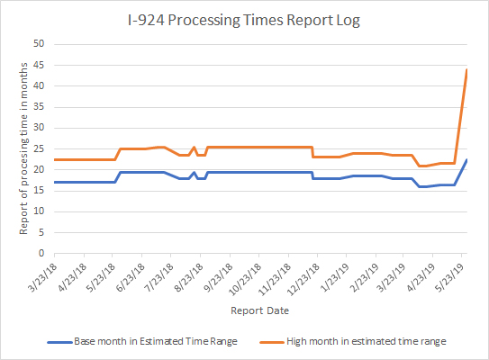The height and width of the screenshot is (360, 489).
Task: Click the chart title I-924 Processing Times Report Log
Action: [x=245, y=18]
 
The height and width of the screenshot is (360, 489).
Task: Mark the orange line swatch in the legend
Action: [x=268, y=341]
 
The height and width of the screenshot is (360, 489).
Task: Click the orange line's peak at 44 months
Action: [x=466, y=69]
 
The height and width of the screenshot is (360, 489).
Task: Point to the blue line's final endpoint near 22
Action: [x=466, y=159]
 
